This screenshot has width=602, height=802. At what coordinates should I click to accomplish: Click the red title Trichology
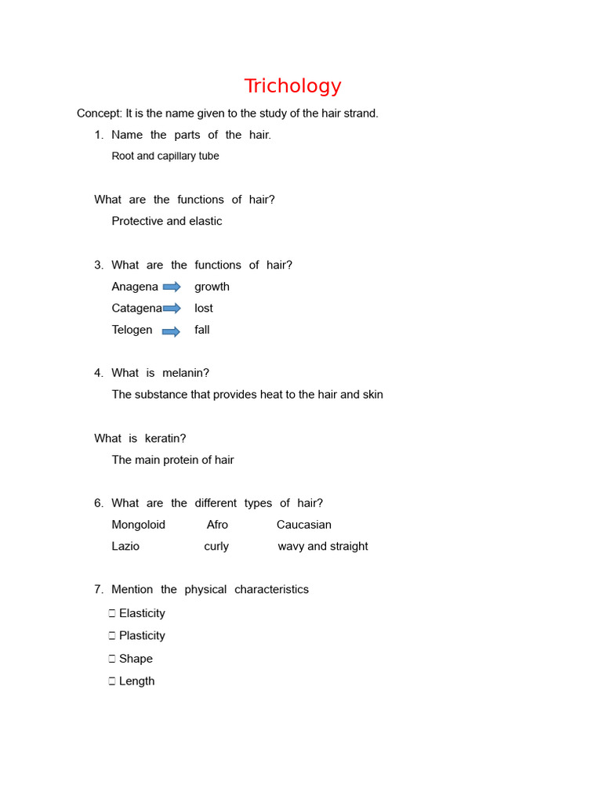pos(292,86)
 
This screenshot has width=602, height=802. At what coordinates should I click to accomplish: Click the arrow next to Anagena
pos(172,287)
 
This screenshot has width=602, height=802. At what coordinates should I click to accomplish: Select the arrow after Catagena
pos(172,309)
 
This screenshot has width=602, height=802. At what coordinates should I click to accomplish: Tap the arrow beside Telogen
pos(171,331)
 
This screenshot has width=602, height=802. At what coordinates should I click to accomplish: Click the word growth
pos(212,287)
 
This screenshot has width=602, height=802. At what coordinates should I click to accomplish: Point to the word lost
pos(204,309)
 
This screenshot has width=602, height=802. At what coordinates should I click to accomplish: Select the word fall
pos(202,330)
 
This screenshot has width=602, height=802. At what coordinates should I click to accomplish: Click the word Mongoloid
pos(138,525)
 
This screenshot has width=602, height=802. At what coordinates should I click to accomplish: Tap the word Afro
pos(217,525)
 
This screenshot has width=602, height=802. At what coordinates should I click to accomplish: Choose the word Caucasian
pos(303,525)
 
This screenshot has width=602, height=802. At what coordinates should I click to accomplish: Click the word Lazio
pos(125,546)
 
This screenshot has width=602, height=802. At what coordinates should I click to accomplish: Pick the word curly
pos(216,546)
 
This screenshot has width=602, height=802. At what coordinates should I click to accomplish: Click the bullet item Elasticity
pos(142,613)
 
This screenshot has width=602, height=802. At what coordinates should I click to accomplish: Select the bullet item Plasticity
pos(142,635)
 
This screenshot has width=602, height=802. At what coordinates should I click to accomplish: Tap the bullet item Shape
pos(136,659)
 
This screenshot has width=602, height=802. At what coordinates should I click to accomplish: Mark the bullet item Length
pos(136,681)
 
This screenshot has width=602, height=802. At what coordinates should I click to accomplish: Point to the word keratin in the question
pos(165,438)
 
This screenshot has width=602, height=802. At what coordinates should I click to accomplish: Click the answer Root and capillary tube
pos(165,156)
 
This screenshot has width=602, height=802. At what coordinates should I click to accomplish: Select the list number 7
pos(98,589)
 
